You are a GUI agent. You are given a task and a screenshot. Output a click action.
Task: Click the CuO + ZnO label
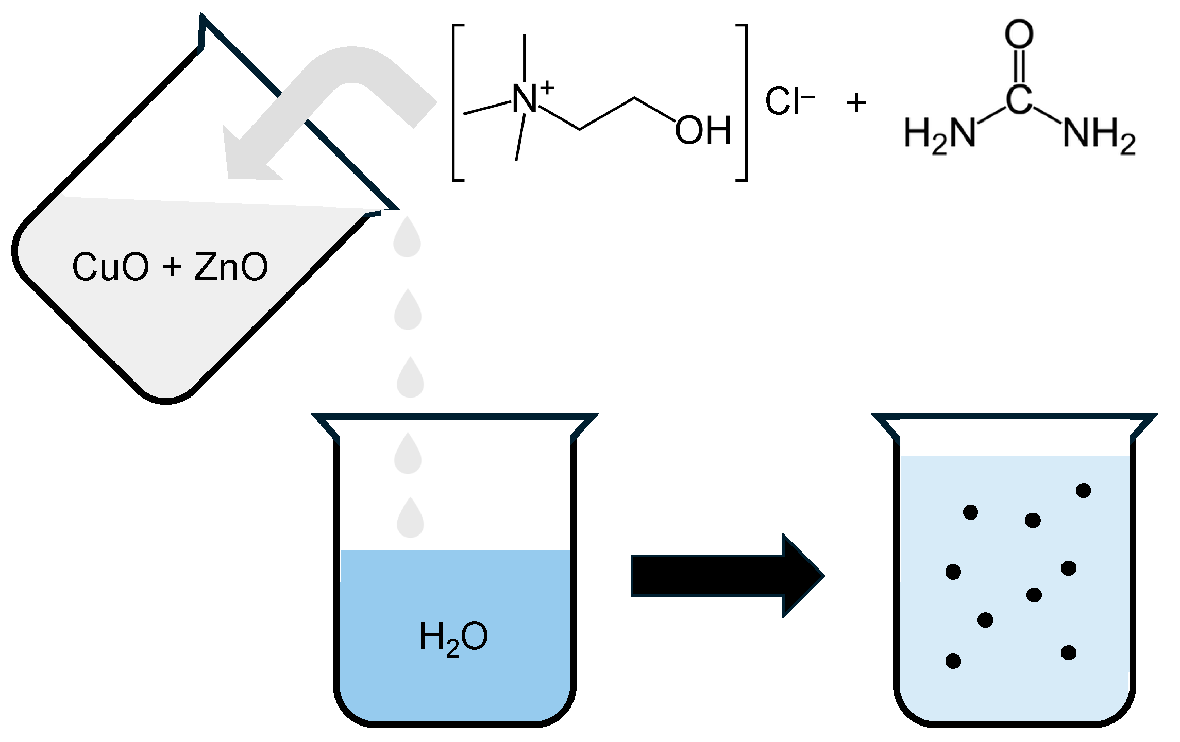pos(170,267)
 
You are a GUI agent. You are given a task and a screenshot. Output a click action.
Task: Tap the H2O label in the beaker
pos(453,637)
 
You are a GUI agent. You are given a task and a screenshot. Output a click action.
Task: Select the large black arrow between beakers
pos(727,576)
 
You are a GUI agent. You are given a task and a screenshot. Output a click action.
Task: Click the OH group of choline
pos(703,130)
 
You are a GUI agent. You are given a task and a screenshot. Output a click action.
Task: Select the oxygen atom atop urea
pos(1019,34)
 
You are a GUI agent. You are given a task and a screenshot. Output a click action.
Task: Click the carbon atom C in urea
pos(1019,99)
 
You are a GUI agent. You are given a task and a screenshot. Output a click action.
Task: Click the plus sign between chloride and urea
pos(856,102)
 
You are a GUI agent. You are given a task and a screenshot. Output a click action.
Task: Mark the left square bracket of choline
pos(457,102)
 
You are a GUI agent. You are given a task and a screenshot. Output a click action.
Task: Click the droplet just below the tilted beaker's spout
pos(408,238)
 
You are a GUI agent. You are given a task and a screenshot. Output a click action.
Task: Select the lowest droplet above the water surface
pos(410,519)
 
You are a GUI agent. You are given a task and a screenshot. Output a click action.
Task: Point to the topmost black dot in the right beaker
pos(1083,490)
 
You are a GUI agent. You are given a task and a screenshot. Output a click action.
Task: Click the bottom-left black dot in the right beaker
pos(953,661)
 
